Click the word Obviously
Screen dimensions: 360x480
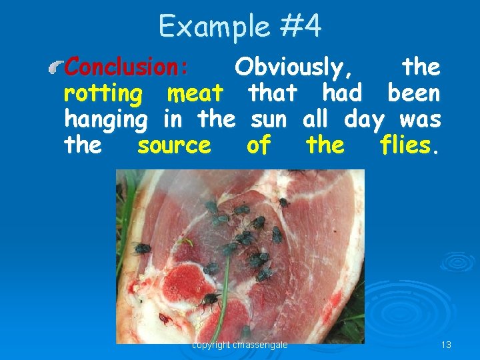[x=295, y=67]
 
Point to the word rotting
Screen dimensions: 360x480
[x=103, y=94]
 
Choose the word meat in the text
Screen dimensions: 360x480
[x=195, y=93]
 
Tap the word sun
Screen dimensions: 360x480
[x=269, y=120]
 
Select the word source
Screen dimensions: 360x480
[x=174, y=145]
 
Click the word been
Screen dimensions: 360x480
[x=413, y=93]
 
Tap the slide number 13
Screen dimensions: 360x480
[x=446, y=345]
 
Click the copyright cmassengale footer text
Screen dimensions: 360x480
[x=239, y=345]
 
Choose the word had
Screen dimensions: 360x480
[x=342, y=93]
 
